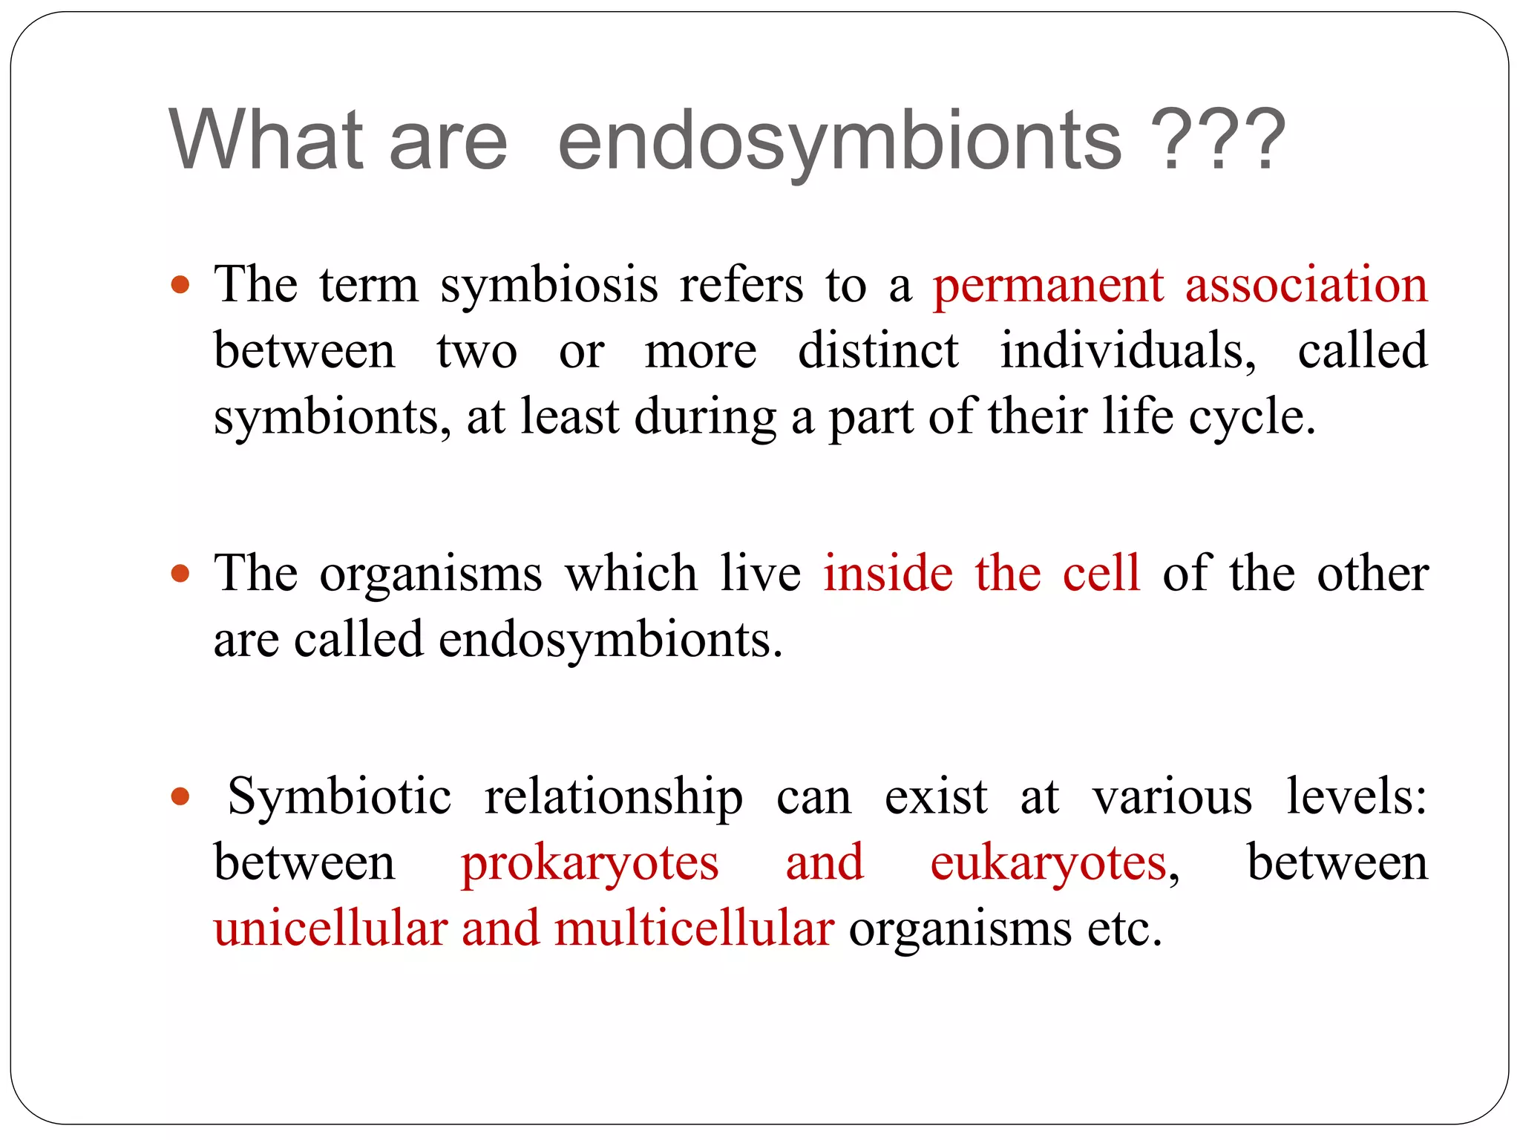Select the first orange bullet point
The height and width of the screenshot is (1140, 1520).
pyautogui.click(x=180, y=285)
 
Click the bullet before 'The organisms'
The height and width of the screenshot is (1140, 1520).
pyautogui.click(x=180, y=574)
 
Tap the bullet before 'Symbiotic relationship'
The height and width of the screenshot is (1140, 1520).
pyautogui.click(x=180, y=797)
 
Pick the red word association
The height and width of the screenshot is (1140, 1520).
pyautogui.click(x=1306, y=285)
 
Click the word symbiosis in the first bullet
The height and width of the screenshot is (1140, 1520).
pyautogui.click(x=549, y=286)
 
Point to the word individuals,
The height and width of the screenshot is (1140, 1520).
pyautogui.click(x=1128, y=350)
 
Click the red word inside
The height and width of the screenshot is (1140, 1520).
pyautogui.click(x=888, y=574)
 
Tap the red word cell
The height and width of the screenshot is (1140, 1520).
pyautogui.click(x=1101, y=574)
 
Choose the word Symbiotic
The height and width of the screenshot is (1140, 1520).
pyautogui.click(x=339, y=798)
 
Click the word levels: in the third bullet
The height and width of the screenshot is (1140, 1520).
pyautogui.click(x=1356, y=796)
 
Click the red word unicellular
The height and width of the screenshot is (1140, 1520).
pyautogui.click(x=331, y=929)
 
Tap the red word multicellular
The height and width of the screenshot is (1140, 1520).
pyautogui.click(x=694, y=929)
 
